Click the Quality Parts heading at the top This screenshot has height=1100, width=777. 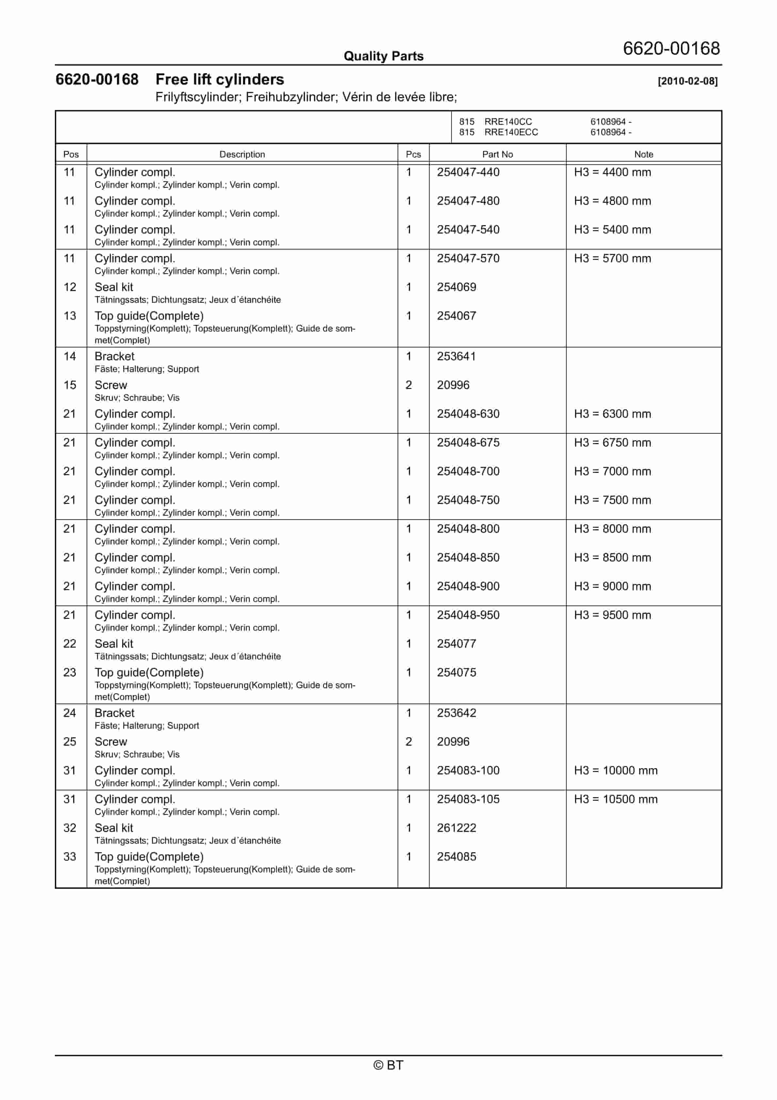pyautogui.click(x=383, y=56)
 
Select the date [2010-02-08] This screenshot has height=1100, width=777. pyautogui.click(x=688, y=81)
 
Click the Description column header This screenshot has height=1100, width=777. pyautogui.click(x=242, y=154)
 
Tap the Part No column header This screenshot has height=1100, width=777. pyautogui.click(x=497, y=154)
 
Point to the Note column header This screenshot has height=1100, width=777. pyautogui.click(x=643, y=154)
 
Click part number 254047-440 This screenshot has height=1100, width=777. pyautogui.click(x=468, y=172)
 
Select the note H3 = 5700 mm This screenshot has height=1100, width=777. pyautogui.click(x=612, y=258)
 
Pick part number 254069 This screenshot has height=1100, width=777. pyautogui.click(x=456, y=287)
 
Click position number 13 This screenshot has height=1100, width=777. pyautogui.click(x=70, y=316)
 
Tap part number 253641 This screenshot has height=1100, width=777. pyautogui.click(x=456, y=356)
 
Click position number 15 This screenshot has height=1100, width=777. pyautogui.click(x=70, y=385)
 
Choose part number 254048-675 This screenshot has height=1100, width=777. pyautogui.click(x=468, y=442)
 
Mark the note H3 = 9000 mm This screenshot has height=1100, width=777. pyautogui.click(x=612, y=586)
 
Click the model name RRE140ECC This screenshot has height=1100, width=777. pyautogui.click(x=511, y=132)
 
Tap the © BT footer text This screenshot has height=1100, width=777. pyautogui.click(x=388, y=1065)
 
